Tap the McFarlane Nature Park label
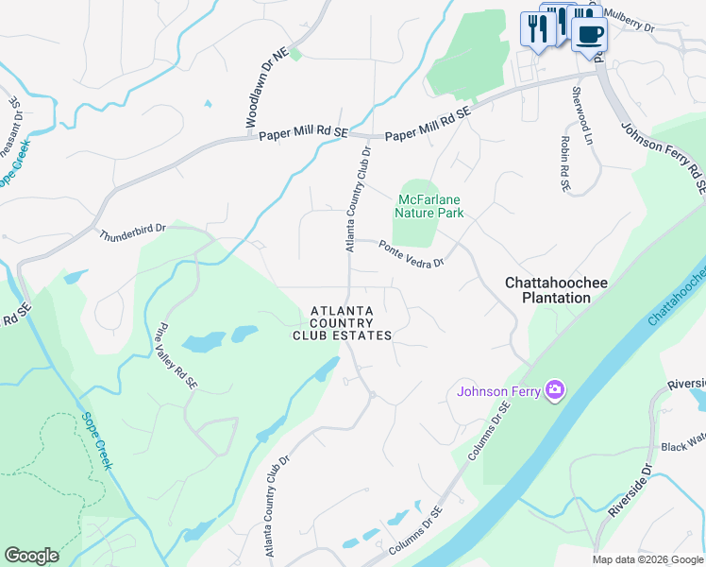430,206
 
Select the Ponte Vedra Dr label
411,253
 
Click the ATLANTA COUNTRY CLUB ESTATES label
342,323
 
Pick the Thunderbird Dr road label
132,230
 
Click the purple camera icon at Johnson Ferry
554,389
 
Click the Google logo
31,556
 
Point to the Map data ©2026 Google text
647,559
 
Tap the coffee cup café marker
589,34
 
